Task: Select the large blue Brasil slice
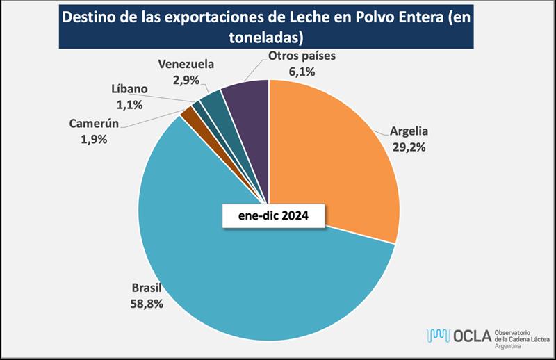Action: (229, 278)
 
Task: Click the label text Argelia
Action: (410, 133)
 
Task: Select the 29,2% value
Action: (410, 147)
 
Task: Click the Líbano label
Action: (129, 90)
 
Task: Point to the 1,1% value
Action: (129, 105)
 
